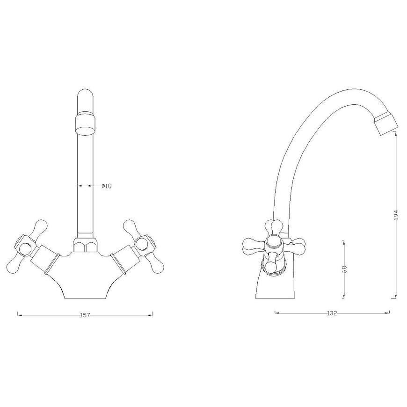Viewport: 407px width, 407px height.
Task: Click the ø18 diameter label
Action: click(x=106, y=186)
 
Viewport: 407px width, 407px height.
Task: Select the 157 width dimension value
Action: click(x=85, y=315)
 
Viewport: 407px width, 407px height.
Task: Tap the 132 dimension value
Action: click(x=332, y=313)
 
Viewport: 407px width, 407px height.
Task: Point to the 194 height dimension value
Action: click(x=396, y=215)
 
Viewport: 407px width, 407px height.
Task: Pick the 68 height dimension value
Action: click(x=344, y=269)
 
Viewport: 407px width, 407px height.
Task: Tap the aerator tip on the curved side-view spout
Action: click(x=386, y=124)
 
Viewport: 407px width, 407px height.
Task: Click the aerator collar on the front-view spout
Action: click(x=86, y=122)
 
